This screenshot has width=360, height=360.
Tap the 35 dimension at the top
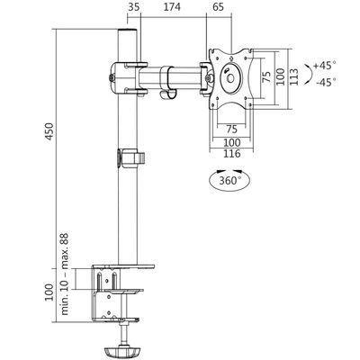tap(134, 8)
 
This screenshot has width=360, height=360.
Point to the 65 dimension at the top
tap(219, 8)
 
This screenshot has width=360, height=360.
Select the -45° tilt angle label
tap(325, 83)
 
